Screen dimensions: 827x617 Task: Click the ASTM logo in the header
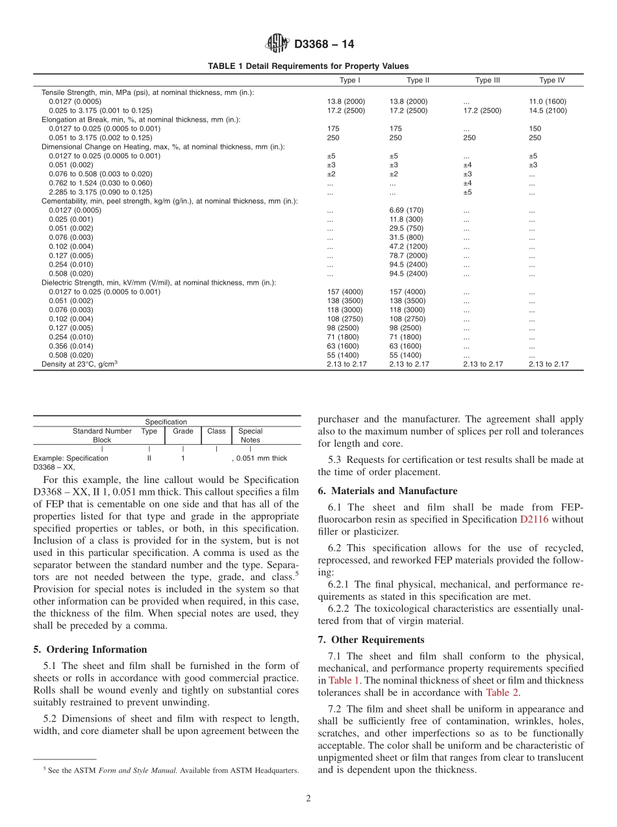point(277,44)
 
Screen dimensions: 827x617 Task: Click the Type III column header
point(487,81)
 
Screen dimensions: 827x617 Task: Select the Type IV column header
point(551,81)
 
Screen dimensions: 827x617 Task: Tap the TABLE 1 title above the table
point(308,66)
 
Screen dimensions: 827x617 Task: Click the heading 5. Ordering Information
point(90,650)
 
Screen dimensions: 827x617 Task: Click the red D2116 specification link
point(535,519)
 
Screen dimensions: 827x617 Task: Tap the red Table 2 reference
point(502,692)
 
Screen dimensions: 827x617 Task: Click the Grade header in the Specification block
point(183,431)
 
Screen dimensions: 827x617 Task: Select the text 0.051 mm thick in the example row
point(260,458)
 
